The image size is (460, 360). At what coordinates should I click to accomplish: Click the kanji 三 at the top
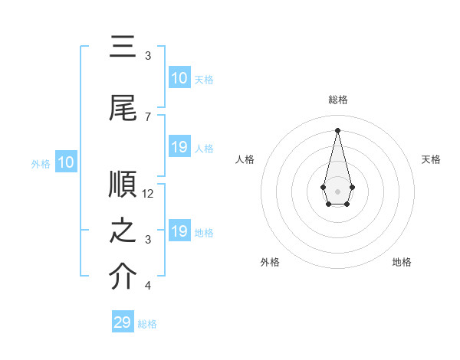tap(123, 48)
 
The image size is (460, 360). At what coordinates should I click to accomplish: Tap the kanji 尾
tap(123, 108)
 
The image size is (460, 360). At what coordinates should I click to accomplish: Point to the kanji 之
tap(123, 231)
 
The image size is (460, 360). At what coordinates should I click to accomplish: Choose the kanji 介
tap(123, 277)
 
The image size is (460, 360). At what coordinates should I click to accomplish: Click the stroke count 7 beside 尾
tap(147, 116)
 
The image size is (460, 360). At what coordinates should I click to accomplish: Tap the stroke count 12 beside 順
tap(148, 194)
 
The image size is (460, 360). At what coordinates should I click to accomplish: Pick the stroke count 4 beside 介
tap(147, 286)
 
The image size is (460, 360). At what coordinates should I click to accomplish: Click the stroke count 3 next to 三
tap(147, 56)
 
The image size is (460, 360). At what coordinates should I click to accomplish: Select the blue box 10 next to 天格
tap(179, 78)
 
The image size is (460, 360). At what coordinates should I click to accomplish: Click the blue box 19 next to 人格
tap(179, 147)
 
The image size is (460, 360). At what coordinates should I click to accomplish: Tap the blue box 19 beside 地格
tap(179, 231)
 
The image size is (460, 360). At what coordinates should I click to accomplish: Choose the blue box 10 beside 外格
tap(66, 162)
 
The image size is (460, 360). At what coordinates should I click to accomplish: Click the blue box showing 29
tap(123, 322)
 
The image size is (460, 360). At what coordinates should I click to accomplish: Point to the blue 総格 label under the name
tap(147, 324)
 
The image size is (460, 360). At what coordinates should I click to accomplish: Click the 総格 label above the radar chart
tap(337, 100)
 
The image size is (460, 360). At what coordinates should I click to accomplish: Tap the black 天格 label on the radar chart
tap(431, 159)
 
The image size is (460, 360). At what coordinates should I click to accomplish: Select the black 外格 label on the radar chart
tap(270, 262)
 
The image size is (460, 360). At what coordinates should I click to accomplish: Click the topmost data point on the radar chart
tap(337, 129)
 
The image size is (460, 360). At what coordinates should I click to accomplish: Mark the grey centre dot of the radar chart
tap(337, 190)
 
